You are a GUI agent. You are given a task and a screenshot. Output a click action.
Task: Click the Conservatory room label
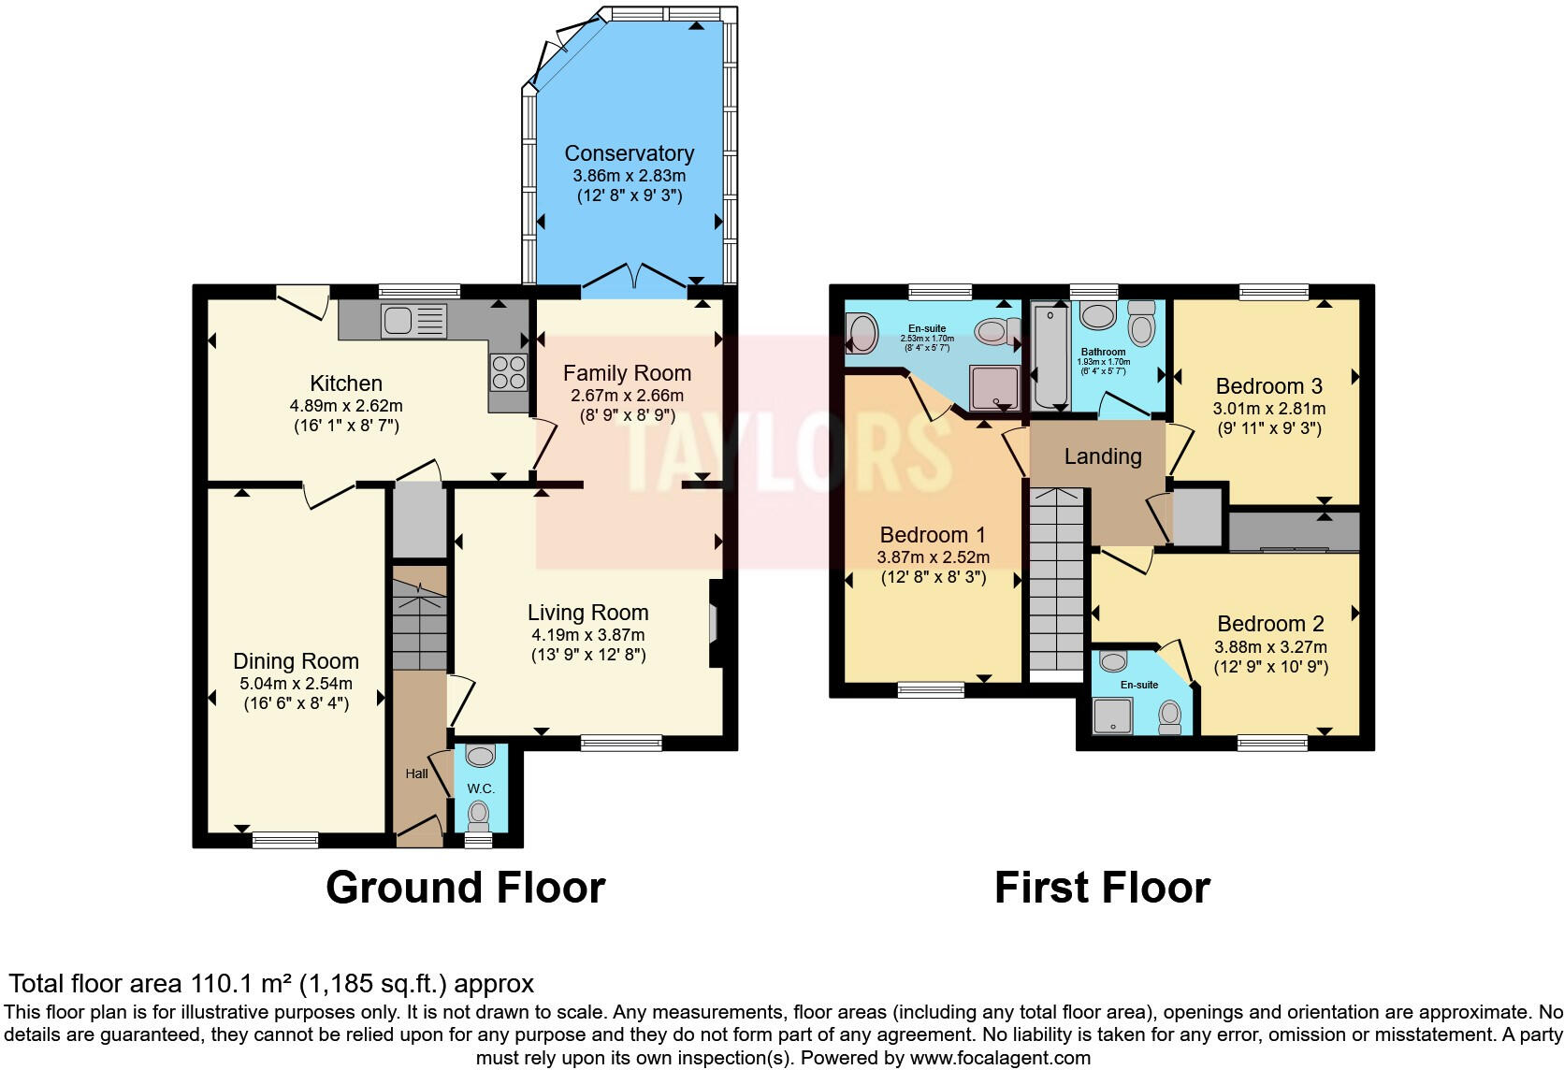[x=629, y=153]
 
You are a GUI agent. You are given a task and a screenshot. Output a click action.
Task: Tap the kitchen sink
[x=413, y=321]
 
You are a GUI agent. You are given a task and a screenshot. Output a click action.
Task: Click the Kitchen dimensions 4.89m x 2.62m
[x=346, y=406]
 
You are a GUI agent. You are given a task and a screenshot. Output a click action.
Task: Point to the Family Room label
[x=627, y=373]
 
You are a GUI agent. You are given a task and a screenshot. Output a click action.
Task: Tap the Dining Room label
[x=296, y=661]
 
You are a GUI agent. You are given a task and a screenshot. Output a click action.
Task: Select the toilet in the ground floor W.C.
[x=479, y=813]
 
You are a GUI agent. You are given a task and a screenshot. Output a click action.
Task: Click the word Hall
[x=416, y=774]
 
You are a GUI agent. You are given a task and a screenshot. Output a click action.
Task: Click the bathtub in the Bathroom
[x=1050, y=355]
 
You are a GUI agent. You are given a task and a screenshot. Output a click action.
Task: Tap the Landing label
[x=1103, y=456]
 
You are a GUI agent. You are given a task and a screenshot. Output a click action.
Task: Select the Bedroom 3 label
[x=1268, y=386]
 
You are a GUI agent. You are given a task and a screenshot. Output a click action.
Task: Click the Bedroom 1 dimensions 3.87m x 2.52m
[x=933, y=557]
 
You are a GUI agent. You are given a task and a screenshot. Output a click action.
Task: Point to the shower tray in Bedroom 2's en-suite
[x=1113, y=716]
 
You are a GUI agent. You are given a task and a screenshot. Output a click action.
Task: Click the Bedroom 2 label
[x=1270, y=624]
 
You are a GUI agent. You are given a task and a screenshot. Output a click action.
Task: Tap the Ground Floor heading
[x=465, y=887]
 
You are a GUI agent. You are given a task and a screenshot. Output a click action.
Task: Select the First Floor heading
[x=1102, y=887]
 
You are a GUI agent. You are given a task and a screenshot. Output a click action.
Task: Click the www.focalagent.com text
[x=1000, y=1058]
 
